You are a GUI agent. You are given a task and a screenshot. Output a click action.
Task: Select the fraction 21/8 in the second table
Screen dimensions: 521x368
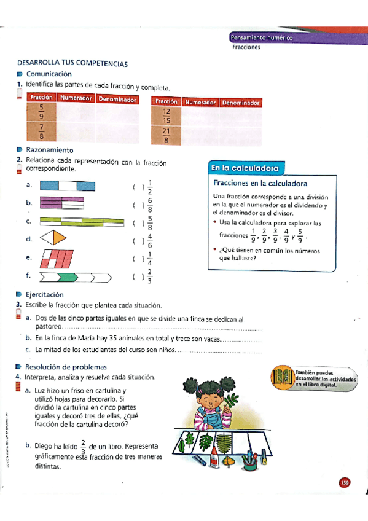pyautogui.click(x=166, y=135)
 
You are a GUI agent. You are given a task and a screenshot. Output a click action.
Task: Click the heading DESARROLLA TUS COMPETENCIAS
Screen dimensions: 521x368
pyautogui.click(x=72, y=63)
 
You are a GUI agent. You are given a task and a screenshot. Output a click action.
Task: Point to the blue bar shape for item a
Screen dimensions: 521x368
pyautogui.click(x=68, y=186)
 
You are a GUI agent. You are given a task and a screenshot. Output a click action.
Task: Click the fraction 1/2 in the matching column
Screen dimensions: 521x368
pyautogui.click(x=150, y=187)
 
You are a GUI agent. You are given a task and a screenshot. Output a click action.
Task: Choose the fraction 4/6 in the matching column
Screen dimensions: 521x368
pyautogui.click(x=150, y=240)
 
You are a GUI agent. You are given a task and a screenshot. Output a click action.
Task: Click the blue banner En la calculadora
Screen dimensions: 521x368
pyautogui.click(x=245, y=168)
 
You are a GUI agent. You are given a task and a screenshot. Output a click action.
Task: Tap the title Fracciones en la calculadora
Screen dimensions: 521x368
pyautogui.click(x=260, y=183)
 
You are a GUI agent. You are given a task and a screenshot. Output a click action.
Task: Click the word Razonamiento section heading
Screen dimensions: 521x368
pyautogui.click(x=50, y=150)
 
